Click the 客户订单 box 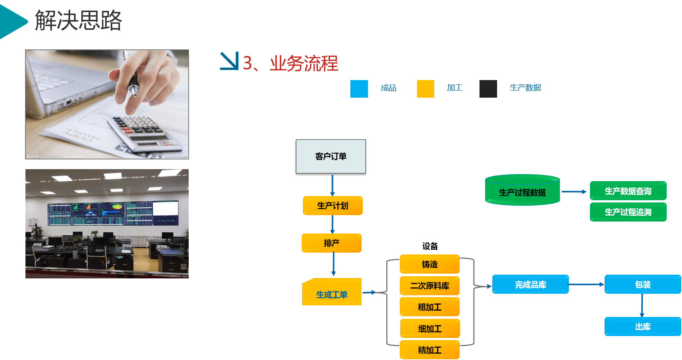tap(331, 156)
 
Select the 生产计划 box tap(332, 205)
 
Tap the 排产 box tap(331, 243)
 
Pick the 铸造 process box tap(429, 264)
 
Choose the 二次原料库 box tap(429, 286)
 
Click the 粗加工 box tap(429, 307)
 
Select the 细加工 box tap(429, 329)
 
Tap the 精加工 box tap(429, 350)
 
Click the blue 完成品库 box tap(530, 284)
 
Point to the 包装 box tap(642, 284)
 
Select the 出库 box tap(642, 327)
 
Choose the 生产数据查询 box tap(628, 191)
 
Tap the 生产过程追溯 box tap(628, 212)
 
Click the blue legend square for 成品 tap(359, 89)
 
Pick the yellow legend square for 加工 tap(425, 89)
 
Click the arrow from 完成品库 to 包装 tap(586, 284)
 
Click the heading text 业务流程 tap(304, 63)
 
